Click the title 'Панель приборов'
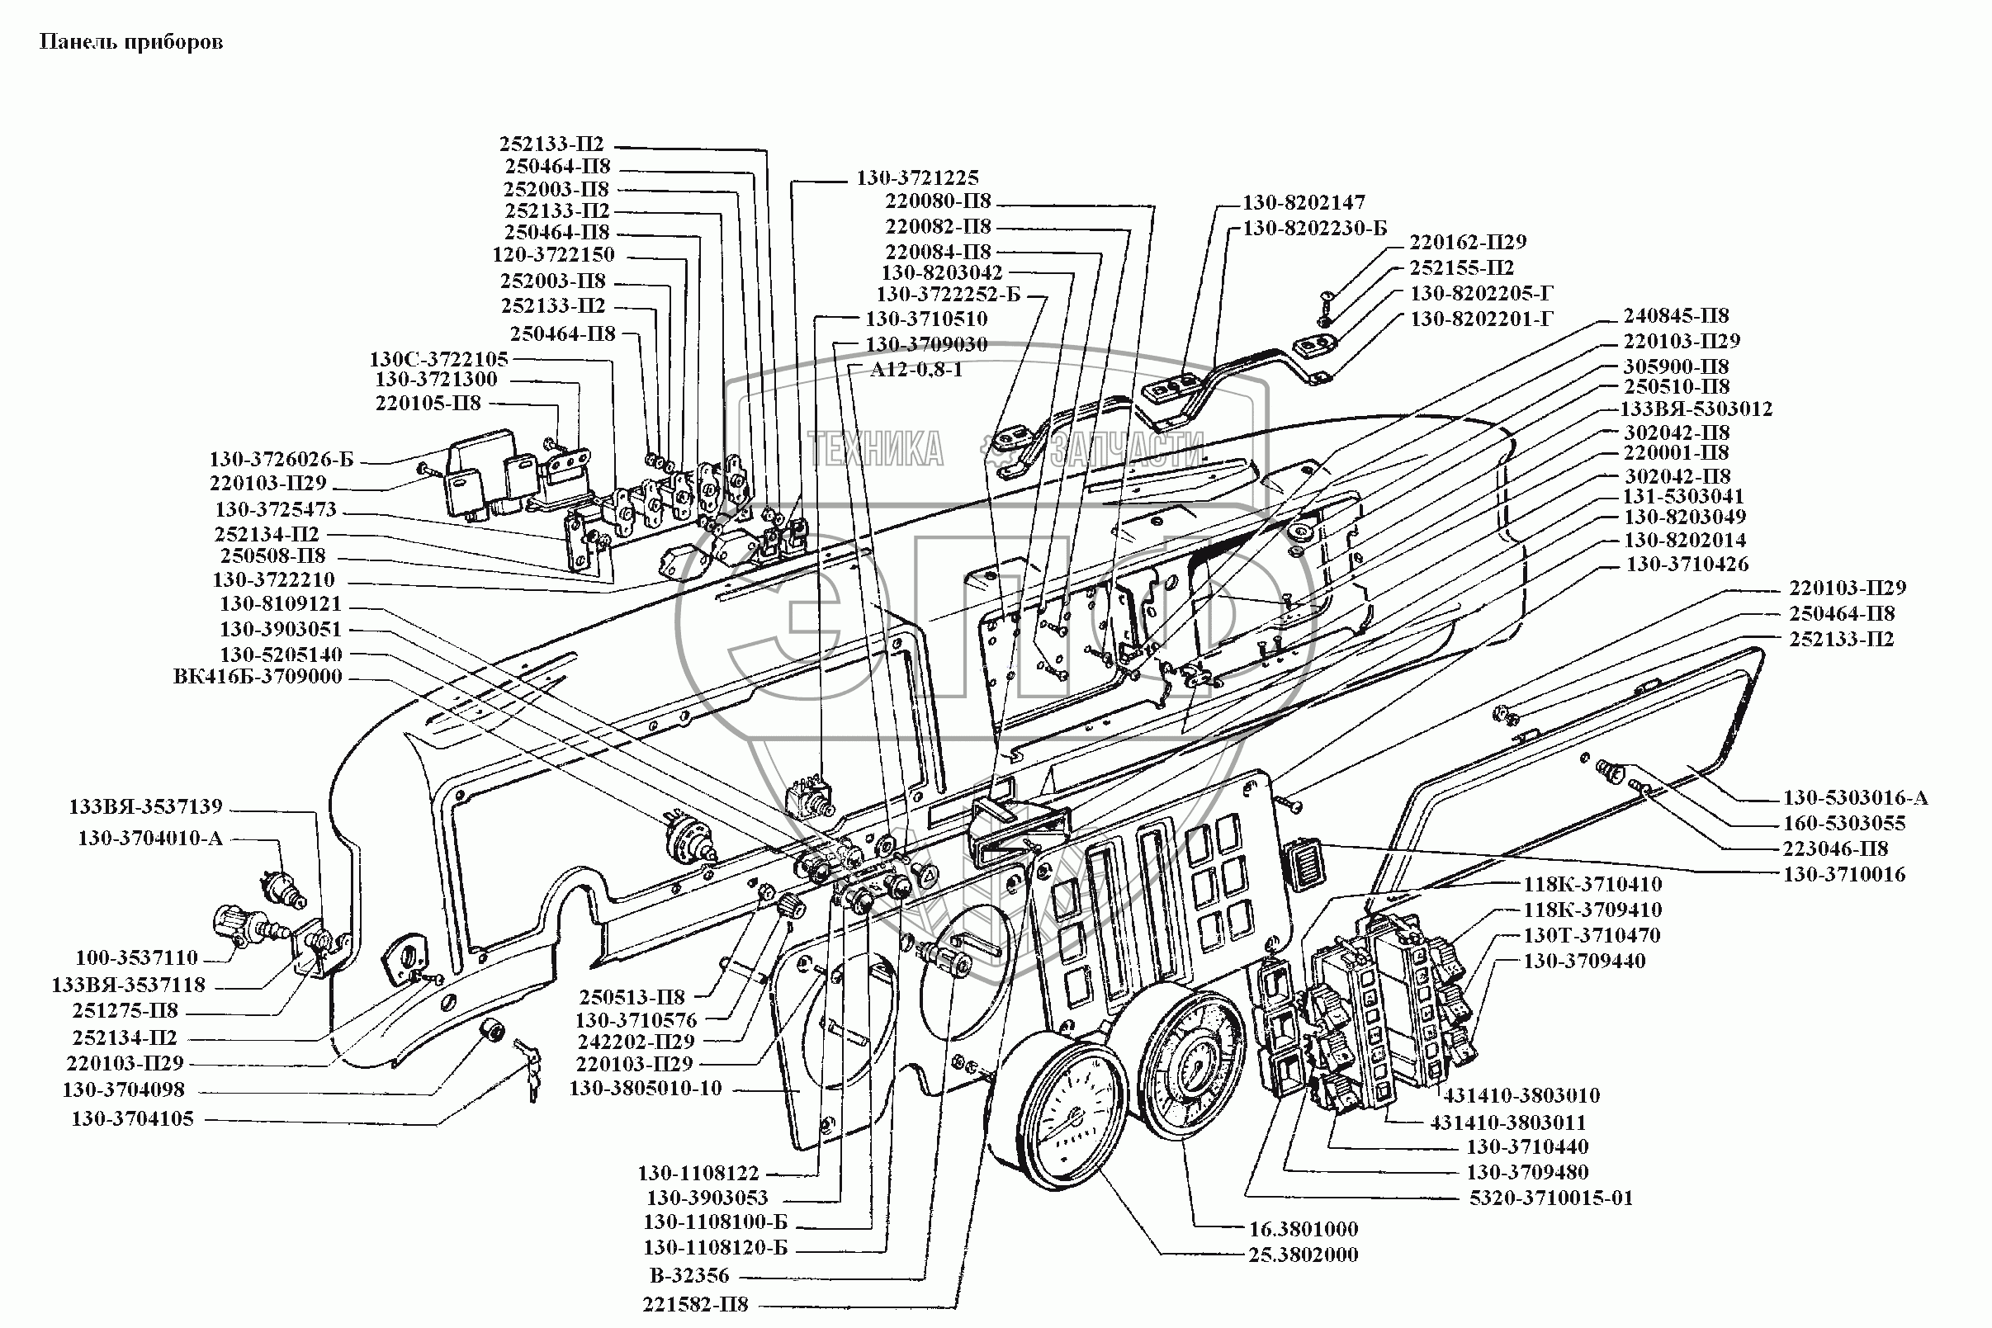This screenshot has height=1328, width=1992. pyautogui.click(x=131, y=42)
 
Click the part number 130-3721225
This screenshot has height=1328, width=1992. pyautogui.click(x=917, y=177)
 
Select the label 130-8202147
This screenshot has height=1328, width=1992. pyautogui.click(x=1304, y=202)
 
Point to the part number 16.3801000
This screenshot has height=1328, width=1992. pyautogui.click(x=1304, y=1229)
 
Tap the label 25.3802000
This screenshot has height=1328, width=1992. pyautogui.click(x=1304, y=1255)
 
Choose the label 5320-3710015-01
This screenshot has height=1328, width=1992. pyautogui.click(x=1550, y=1198)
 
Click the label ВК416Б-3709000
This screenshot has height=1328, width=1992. pyautogui.click(x=258, y=677)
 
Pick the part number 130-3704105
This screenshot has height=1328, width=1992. pyautogui.click(x=133, y=1119)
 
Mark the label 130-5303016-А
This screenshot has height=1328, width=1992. pyautogui.click(x=1856, y=798)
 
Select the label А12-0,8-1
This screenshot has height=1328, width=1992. pyautogui.click(x=916, y=370)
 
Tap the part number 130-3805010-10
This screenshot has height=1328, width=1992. pyautogui.click(x=646, y=1089)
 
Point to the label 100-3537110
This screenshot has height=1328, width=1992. pyautogui.click(x=136, y=958)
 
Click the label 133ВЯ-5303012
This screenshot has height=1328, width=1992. pyautogui.click(x=1696, y=409)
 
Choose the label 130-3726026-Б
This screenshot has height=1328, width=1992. pyautogui.click(x=282, y=460)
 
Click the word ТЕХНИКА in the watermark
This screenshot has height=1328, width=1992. pyautogui.click(x=875, y=448)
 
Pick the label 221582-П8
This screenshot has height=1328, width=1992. pyautogui.click(x=695, y=1304)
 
